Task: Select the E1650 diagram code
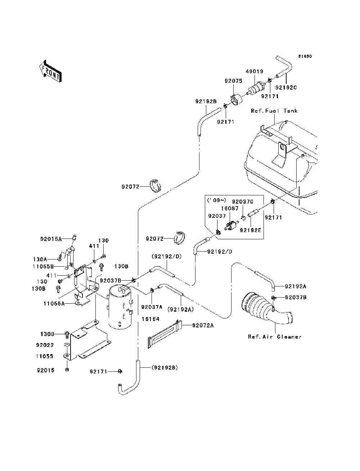point(305,56)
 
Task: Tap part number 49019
point(255,72)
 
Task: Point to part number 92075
point(234,81)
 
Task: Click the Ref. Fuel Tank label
point(274,111)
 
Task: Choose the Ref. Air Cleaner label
point(274,337)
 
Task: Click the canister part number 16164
point(150,319)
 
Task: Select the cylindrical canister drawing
point(120,307)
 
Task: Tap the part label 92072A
point(203,325)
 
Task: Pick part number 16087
point(230,208)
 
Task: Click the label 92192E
point(251,230)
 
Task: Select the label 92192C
point(286,87)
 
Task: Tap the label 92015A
point(51,239)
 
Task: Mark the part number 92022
point(45,345)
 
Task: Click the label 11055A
point(54,304)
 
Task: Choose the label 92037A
point(152,307)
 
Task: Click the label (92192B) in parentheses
point(165,368)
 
